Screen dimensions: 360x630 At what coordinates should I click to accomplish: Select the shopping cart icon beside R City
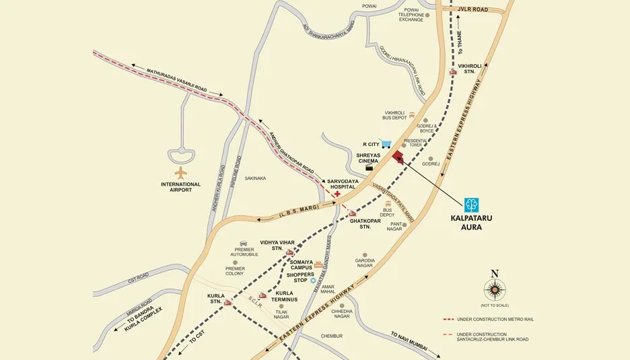click(386, 143)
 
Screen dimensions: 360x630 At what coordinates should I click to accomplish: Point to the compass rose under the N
click(495, 290)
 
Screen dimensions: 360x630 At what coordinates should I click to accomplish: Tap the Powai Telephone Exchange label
click(411, 14)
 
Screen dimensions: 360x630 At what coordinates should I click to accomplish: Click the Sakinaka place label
click(256, 178)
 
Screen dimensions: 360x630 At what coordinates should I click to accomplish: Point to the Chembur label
click(332, 335)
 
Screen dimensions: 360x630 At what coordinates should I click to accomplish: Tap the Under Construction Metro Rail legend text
click(495, 319)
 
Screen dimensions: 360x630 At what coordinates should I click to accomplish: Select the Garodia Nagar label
click(364, 263)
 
